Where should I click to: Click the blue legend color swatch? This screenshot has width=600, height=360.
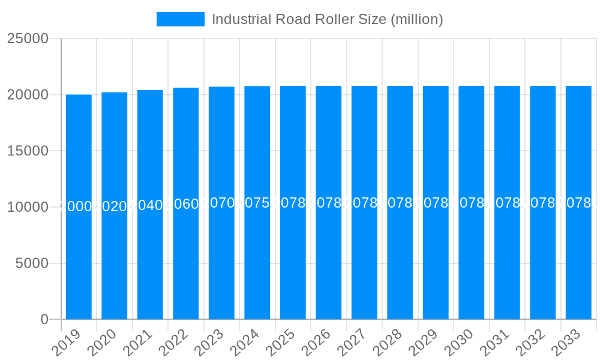click(180, 19)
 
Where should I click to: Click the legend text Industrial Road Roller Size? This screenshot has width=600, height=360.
click(327, 19)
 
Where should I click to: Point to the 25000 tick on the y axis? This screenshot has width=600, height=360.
click(28, 38)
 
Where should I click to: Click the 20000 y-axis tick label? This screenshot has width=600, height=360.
click(28, 95)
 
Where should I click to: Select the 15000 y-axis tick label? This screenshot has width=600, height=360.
click(28, 151)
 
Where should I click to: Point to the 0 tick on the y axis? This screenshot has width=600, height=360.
click(44, 320)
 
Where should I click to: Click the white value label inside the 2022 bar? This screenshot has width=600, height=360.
click(186, 204)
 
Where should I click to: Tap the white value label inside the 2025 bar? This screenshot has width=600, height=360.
click(293, 203)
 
